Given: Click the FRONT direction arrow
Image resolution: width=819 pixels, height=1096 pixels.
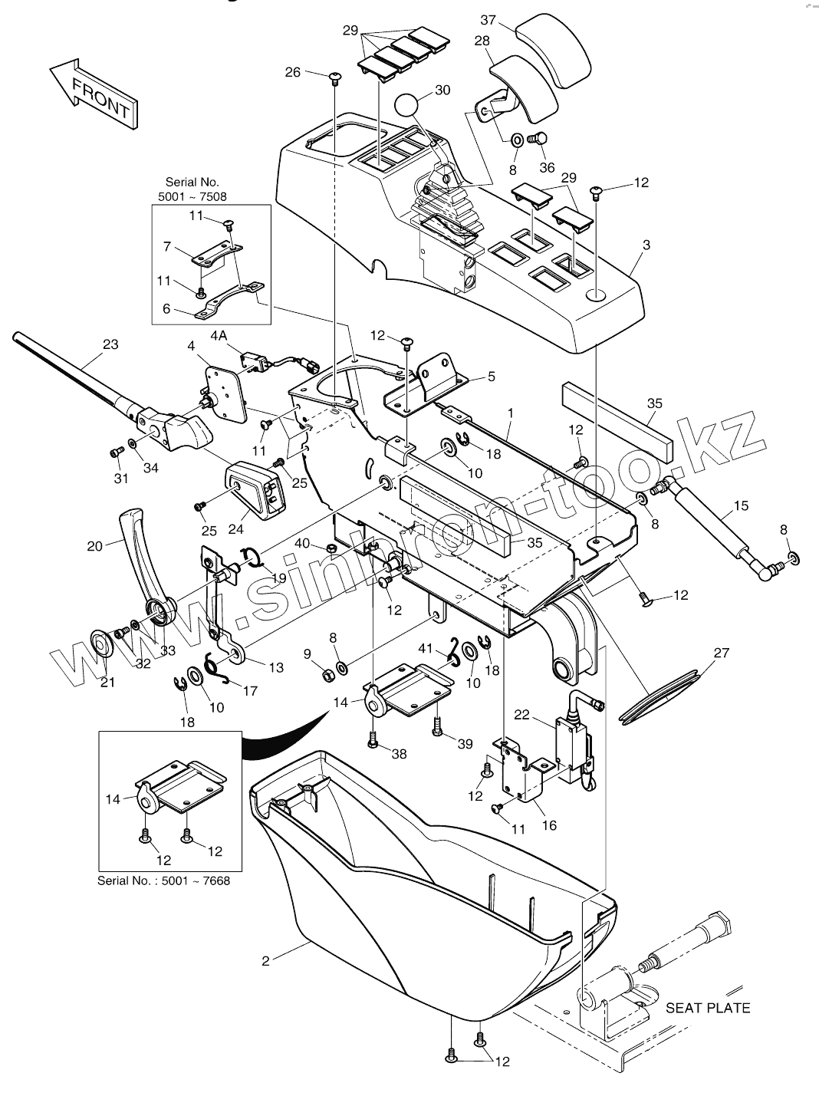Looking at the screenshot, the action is click(94, 94).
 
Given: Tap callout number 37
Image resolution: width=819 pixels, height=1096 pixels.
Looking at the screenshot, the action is click(488, 20).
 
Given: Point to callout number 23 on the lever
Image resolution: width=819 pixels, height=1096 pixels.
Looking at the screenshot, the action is click(110, 344).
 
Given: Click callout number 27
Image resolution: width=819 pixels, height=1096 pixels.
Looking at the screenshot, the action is click(722, 653).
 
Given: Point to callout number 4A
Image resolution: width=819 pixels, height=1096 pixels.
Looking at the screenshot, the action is click(219, 336).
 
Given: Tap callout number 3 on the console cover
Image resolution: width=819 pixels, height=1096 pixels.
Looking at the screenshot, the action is click(646, 245).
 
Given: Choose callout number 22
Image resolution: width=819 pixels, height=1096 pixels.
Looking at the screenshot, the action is click(521, 715).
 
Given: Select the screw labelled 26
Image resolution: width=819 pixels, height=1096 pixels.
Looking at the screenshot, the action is click(334, 77).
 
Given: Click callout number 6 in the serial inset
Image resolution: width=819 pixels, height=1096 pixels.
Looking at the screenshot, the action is click(166, 308).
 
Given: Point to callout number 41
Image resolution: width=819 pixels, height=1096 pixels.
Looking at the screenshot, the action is click(426, 649).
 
